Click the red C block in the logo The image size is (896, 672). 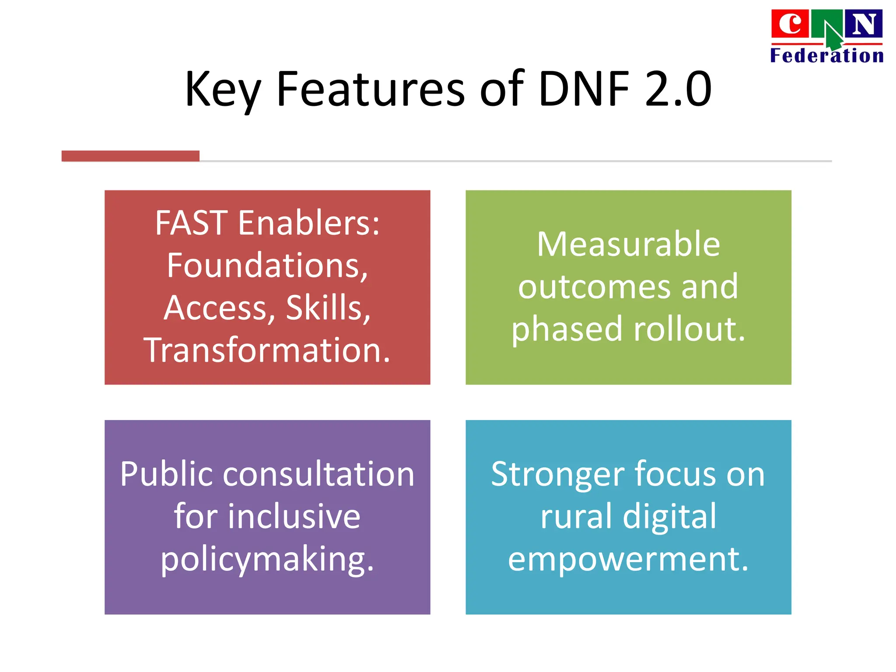[x=789, y=24]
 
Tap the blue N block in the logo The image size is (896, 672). [x=863, y=24]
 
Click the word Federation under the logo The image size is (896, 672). [x=826, y=56]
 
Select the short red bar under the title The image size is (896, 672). [x=130, y=156]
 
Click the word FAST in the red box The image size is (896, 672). [x=191, y=223]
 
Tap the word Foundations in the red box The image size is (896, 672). [x=267, y=266]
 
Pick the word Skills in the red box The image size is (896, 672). [x=328, y=308]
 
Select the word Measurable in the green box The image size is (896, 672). [x=628, y=244]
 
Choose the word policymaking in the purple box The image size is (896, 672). [x=267, y=559]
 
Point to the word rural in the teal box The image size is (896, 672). [x=576, y=517]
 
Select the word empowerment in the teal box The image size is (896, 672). [x=628, y=559]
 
